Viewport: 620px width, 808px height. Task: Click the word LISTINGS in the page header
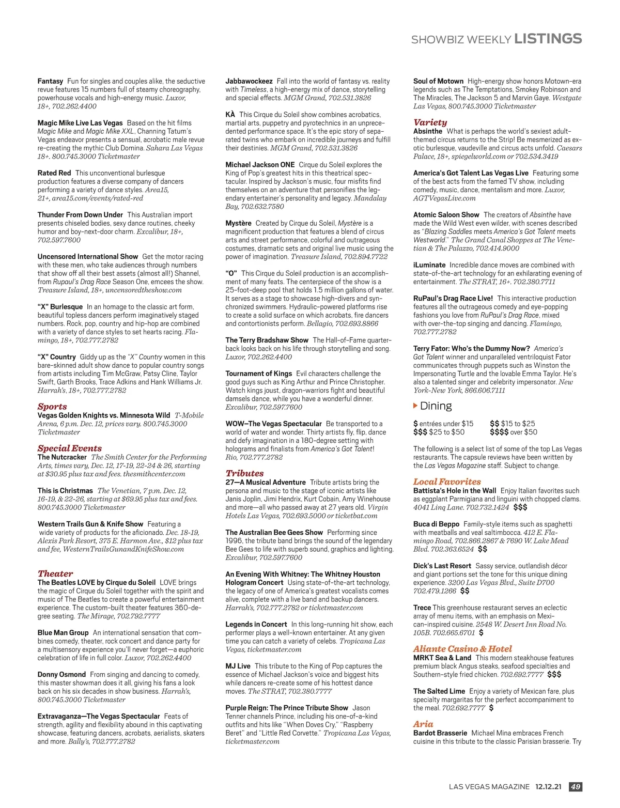pyautogui.click(x=548, y=39)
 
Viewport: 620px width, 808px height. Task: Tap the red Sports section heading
pyautogui.click(x=52, y=407)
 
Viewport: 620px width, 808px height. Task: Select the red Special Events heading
pyautogui.click(x=69, y=448)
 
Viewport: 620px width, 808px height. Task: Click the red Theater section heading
pyautogui.click(x=55, y=573)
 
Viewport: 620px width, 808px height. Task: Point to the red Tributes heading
pyautogui.click(x=244, y=473)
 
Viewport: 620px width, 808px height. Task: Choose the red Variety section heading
pyautogui.click(x=430, y=122)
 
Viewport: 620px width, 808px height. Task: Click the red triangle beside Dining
pyautogui.click(x=415, y=406)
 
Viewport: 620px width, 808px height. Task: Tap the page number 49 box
pyautogui.click(x=575, y=787)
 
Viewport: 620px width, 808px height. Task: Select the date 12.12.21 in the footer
pyautogui.click(x=548, y=787)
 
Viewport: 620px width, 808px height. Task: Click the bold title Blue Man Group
pyautogui.click(x=63, y=633)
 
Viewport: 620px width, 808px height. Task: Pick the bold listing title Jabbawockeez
pyautogui.click(x=249, y=81)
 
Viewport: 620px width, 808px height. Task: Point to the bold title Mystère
pyautogui.click(x=238, y=223)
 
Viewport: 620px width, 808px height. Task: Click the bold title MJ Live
pyautogui.click(x=238, y=666)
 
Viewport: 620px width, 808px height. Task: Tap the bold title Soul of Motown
pyautogui.click(x=438, y=81)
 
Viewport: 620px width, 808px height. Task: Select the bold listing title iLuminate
pyautogui.click(x=429, y=265)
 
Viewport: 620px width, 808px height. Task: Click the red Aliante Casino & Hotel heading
pyautogui.click(x=462, y=649)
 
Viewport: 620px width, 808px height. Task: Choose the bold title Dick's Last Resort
pyautogui.click(x=442, y=566)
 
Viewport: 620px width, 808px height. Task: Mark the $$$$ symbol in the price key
pyautogui.click(x=499, y=432)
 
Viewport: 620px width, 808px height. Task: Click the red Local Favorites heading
pyautogui.click(x=446, y=481)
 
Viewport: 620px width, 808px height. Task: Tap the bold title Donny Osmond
pyautogui.click(x=61, y=675)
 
